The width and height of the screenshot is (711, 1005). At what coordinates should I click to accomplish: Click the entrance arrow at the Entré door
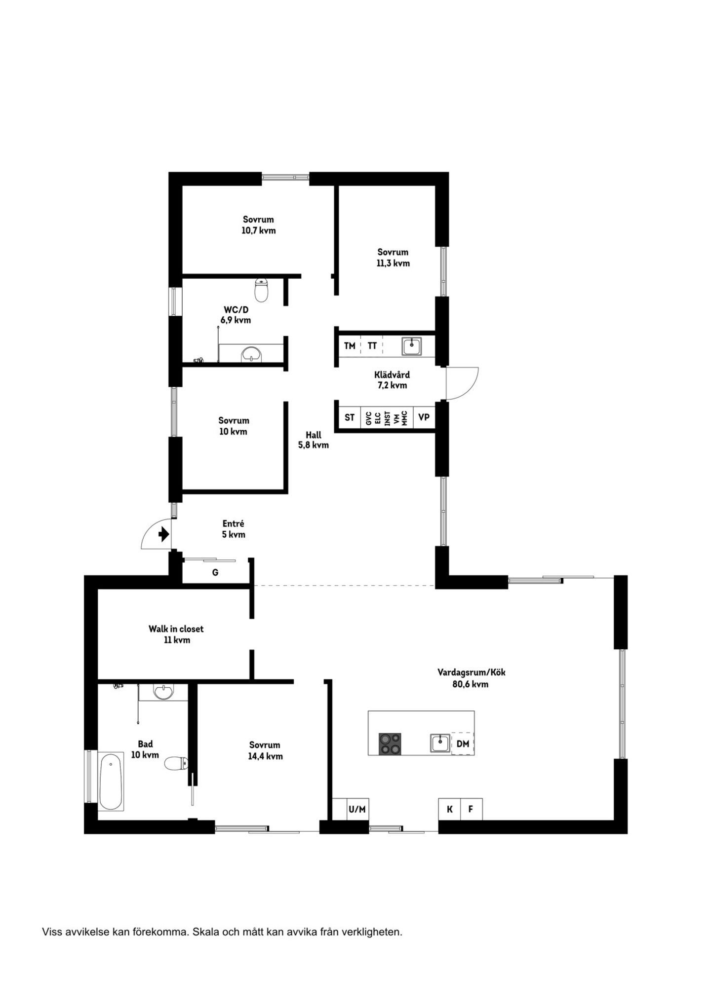(x=164, y=534)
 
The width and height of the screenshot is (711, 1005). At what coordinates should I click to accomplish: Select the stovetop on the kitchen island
(x=390, y=744)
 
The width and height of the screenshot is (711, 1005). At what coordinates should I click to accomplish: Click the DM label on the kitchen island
(x=463, y=744)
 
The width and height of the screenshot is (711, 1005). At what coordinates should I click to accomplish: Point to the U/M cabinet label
(x=357, y=809)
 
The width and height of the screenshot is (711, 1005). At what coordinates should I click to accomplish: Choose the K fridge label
(x=449, y=809)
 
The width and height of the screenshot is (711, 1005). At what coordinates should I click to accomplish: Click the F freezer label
(x=471, y=809)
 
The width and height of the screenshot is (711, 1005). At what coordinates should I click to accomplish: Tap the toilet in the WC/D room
(x=261, y=290)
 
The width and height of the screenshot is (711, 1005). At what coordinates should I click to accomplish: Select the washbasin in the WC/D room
(x=251, y=354)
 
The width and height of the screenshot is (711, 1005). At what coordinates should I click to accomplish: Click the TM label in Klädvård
(x=350, y=346)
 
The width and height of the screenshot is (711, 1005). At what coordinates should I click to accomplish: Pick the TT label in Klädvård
(x=372, y=346)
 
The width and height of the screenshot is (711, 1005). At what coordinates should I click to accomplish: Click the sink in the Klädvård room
(x=411, y=346)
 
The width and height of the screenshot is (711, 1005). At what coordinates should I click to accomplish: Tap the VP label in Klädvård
(x=424, y=417)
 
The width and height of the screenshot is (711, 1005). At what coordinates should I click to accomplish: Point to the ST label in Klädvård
(x=350, y=417)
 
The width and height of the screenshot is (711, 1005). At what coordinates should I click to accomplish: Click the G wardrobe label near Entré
(x=215, y=572)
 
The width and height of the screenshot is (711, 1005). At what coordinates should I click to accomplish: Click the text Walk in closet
(x=176, y=629)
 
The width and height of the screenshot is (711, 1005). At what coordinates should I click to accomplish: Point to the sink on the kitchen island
(x=439, y=743)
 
